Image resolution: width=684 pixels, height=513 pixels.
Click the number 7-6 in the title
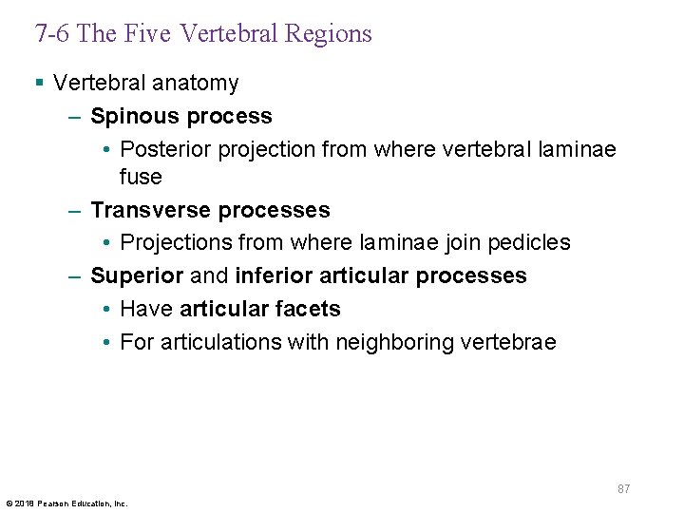[x=51, y=33]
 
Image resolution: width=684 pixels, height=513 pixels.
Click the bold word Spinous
[x=135, y=117]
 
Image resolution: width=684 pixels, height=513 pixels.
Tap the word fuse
[x=141, y=177]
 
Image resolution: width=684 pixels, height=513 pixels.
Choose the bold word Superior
[x=137, y=275]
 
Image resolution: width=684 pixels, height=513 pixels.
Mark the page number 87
[x=623, y=488]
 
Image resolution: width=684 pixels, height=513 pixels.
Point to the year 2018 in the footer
[x=23, y=503]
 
